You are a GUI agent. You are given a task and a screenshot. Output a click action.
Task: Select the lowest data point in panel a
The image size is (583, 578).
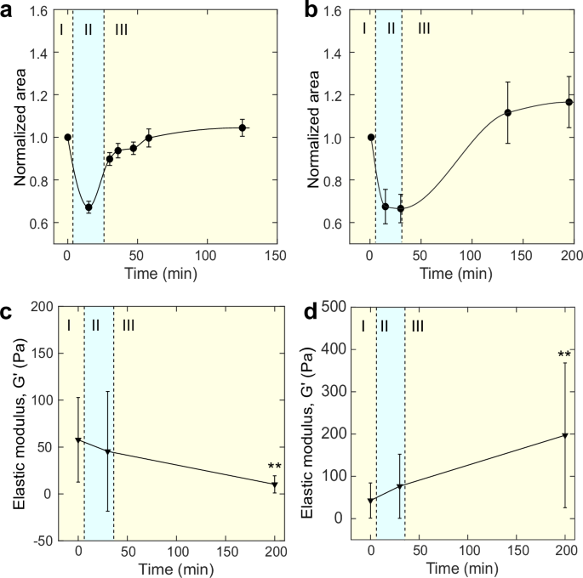[89, 207]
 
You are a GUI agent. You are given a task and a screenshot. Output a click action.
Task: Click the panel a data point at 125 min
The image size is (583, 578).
[243, 128]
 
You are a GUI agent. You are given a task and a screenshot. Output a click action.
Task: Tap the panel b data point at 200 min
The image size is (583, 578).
[569, 102]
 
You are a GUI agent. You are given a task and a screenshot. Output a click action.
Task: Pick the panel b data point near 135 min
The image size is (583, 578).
[507, 113]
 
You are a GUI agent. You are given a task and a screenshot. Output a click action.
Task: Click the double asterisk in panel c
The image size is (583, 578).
[274, 467]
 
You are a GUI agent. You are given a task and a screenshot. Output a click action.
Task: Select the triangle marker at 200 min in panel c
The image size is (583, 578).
[275, 485]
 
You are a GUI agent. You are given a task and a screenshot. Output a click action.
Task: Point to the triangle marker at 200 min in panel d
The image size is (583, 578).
[565, 436]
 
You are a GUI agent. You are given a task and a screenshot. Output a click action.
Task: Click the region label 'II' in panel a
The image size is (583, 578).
[88, 30]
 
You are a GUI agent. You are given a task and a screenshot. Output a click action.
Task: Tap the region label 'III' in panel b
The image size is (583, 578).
[424, 30]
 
